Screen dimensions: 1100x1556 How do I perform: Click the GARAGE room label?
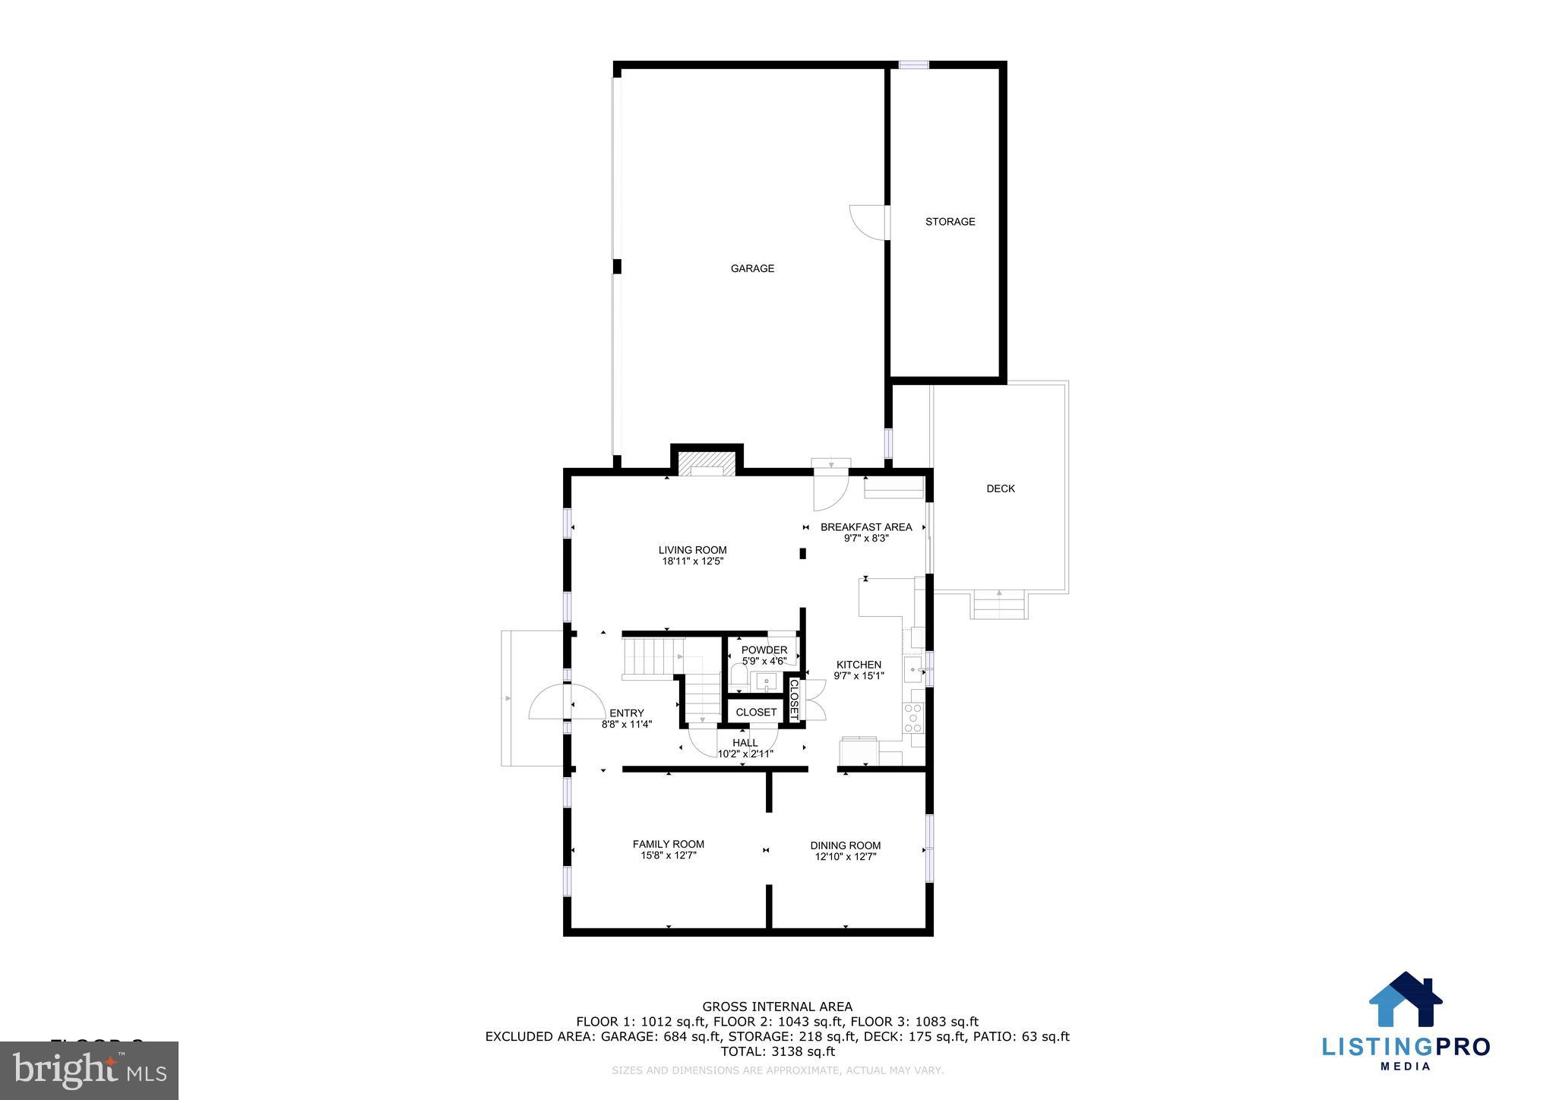(752, 268)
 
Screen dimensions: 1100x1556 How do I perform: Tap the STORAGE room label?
(950, 222)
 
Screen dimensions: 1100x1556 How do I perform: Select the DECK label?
(1000, 488)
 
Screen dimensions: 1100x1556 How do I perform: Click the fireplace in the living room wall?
(707, 464)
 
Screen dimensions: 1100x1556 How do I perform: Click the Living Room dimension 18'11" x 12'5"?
(692, 562)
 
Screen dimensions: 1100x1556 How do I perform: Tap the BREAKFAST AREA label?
(866, 527)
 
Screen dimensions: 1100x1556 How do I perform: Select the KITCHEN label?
(859, 665)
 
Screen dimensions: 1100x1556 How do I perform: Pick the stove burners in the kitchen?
(912, 718)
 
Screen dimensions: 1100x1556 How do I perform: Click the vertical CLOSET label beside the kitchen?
(794, 700)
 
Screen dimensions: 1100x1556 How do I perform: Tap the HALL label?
(745, 743)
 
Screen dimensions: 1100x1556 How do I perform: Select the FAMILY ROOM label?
(668, 844)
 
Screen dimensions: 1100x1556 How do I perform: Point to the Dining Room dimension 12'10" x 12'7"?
(846, 857)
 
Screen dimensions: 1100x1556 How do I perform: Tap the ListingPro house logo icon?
(1406, 1000)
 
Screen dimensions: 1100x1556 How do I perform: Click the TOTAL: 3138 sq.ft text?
(777, 1051)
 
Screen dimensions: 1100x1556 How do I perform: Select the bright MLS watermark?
(90, 1071)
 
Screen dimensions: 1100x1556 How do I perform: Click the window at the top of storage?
(913, 65)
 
